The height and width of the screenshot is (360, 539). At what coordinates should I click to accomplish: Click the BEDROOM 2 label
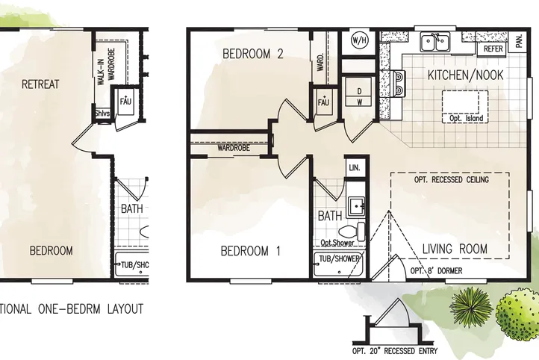[x=243, y=54]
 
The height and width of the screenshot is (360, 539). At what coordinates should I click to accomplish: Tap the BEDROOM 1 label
[x=250, y=252]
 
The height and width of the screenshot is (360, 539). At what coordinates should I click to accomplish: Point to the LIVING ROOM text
[x=455, y=249]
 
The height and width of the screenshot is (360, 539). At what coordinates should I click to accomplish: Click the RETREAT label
[x=40, y=84]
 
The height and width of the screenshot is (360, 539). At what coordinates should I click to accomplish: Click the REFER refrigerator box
[x=493, y=48]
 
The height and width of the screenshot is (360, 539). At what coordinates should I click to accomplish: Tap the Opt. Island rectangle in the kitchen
[x=464, y=105]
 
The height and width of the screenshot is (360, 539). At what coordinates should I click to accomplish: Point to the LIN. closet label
[x=355, y=168]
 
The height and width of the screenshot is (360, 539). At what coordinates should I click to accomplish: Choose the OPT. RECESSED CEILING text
[x=451, y=181]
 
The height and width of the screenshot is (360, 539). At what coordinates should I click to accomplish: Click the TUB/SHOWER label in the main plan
[x=340, y=259]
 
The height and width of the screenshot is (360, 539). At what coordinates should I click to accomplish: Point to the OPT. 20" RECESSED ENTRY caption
[x=395, y=352]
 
